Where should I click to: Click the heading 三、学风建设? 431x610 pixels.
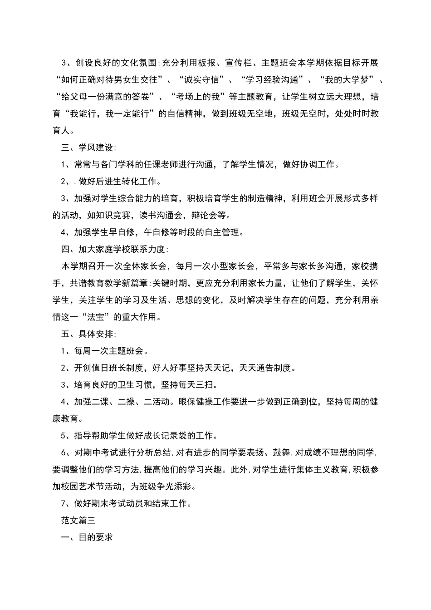click(88, 148)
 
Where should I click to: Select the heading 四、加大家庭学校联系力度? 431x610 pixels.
click(114, 249)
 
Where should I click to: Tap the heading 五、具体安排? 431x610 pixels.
click(88, 334)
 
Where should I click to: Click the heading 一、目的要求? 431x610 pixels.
click(87, 537)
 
